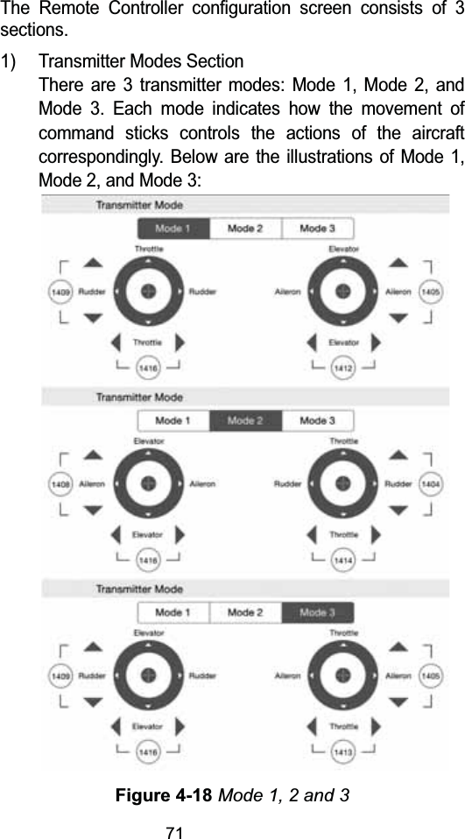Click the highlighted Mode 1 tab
pyautogui.click(x=173, y=229)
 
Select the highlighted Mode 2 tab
pyautogui.click(x=246, y=420)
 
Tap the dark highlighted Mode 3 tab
pyautogui.click(x=317, y=612)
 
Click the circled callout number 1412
pyautogui.click(x=344, y=370)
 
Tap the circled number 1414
pyautogui.click(x=344, y=559)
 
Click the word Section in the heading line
pyautogui.click(x=217, y=63)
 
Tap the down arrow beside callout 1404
pyautogui.click(x=398, y=510)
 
